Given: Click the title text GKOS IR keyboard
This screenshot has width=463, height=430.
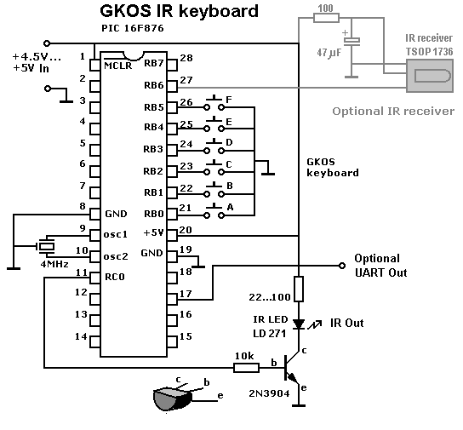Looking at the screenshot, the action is click(180, 12).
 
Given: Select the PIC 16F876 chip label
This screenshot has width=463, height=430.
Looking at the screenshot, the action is click(133, 28).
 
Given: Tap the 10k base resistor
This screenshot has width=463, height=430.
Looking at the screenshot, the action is click(246, 368).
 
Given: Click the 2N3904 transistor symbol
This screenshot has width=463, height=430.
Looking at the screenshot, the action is click(292, 369).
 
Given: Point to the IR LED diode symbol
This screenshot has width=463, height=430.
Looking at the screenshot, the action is click(299, 324).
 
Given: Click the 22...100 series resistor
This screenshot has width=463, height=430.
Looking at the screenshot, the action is click(299, 289).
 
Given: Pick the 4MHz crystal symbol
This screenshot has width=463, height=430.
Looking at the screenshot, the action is click(45, 246).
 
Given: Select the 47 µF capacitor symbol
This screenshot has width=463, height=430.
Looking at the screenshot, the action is click(352, 42).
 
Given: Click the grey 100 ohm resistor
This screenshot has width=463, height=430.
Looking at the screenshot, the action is click(326, 18).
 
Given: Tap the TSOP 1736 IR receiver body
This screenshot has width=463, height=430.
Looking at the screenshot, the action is click(430, 76).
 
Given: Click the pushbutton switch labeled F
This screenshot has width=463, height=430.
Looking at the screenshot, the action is click(214, 104).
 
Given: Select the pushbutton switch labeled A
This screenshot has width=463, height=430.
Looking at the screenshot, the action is click(214, 212).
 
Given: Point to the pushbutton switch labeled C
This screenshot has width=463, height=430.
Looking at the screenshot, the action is click(214, 168).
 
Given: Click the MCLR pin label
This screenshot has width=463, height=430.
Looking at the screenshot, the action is click(118, 66).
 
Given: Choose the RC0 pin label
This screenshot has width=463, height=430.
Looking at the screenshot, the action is click(115, 277).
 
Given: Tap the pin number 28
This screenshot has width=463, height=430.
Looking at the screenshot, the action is click(186, 58).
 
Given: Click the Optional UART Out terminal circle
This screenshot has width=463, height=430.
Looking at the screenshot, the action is click(342, 266).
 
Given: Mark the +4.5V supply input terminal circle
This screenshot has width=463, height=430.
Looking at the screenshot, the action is click(47, 43).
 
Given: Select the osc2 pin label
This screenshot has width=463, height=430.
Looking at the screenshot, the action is click(116, 256).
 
